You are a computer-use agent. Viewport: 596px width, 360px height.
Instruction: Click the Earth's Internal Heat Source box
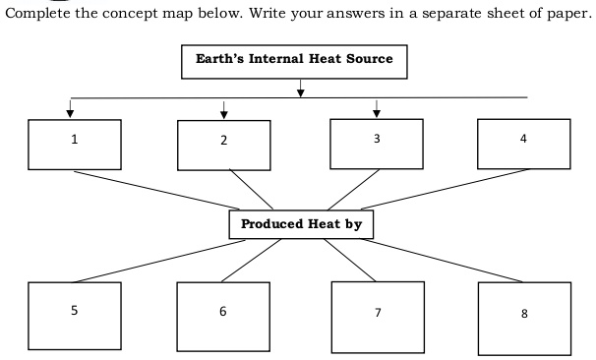[x=294, y=61]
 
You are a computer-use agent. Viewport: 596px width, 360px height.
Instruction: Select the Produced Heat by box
[x=301, y=224]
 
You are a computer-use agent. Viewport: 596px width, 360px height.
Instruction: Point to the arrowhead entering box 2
[x=224, y=112]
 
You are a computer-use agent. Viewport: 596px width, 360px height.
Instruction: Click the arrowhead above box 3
[x=376, y=111]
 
